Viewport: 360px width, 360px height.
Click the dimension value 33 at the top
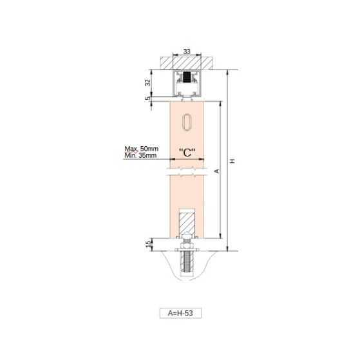(x=187, y=52)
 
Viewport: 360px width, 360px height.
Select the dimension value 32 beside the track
(x=148, y=82)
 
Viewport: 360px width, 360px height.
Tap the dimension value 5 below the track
(x=148, y=99)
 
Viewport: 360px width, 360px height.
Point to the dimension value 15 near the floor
(x=149, y=243)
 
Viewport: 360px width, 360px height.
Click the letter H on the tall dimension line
(x=232, y=161)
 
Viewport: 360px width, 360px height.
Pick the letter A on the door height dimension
(x=217, y=171)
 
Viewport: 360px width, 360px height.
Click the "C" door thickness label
(x=187, y=153)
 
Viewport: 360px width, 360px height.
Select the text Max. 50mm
(x=142, y=149)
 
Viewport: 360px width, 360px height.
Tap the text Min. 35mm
(x=140, y=155)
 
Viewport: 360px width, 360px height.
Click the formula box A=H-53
(x=180, y=313)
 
